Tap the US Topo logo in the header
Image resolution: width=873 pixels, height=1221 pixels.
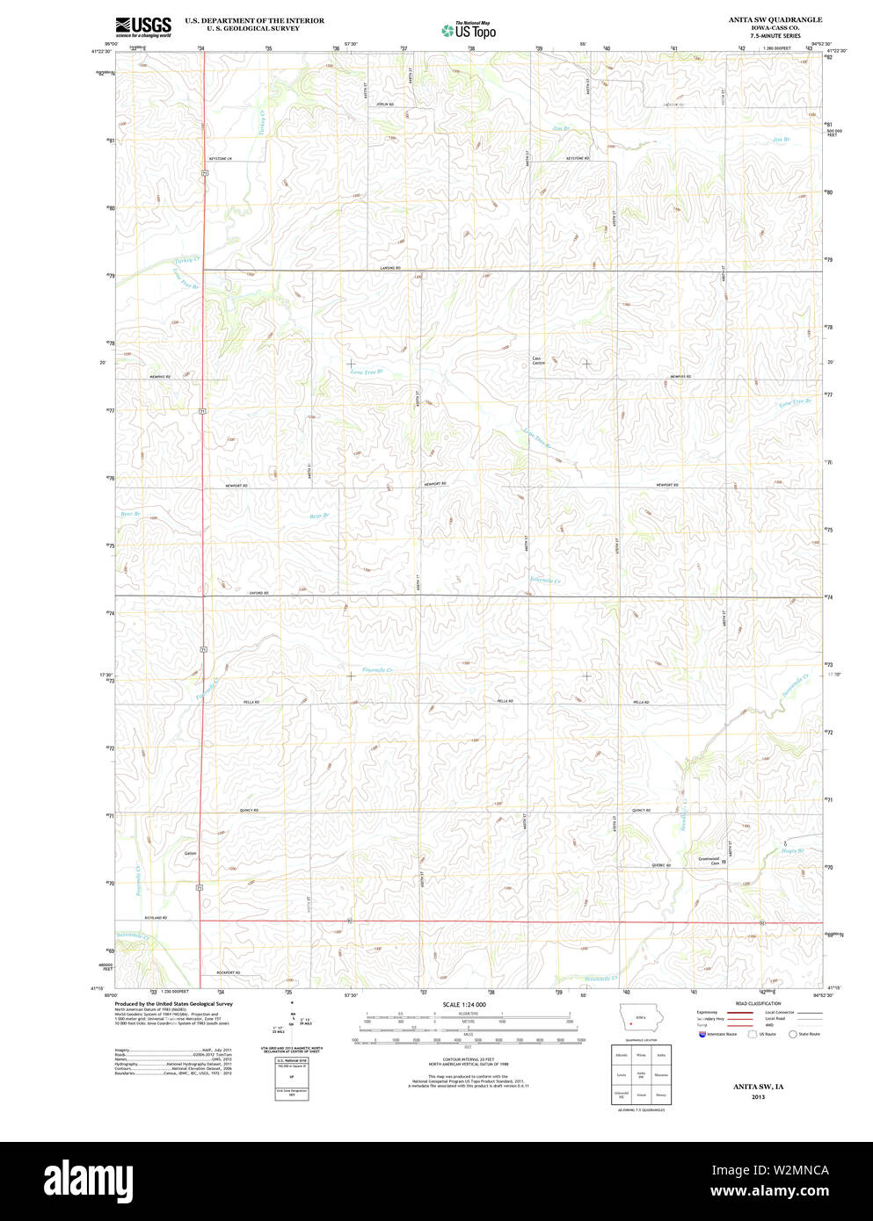click(x=469, y=31)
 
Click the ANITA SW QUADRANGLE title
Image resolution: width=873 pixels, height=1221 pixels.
click(x=762, y=19)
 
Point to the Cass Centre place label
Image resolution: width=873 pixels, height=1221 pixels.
click(x=538, y=360)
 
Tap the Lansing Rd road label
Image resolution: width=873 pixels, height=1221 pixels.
click(x=390, y=267)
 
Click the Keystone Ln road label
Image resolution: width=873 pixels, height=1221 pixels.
click(x=218, y=158)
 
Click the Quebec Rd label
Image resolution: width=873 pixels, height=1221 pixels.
click(x=661, y=865)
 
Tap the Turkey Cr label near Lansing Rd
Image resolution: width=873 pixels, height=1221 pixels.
click(x=186, y=260)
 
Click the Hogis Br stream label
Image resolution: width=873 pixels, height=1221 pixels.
click(x=794, y=850)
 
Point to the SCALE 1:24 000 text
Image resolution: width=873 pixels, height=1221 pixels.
click(x=464, y=1004)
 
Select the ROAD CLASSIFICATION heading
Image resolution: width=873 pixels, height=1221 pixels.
click(x=757, y=1004)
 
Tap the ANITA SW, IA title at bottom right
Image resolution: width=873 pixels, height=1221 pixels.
click(x=758, y=1087)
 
